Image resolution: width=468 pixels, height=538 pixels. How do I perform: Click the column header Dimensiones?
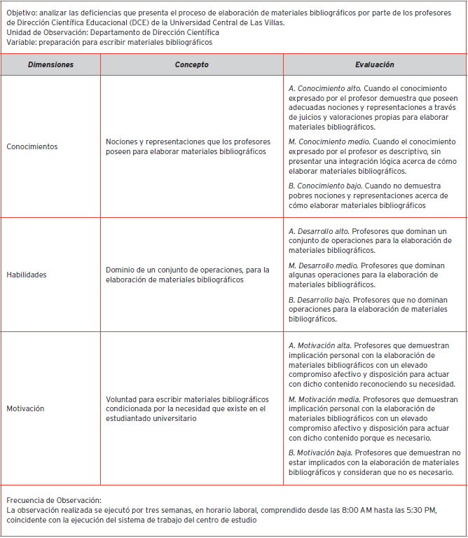click(x=50, y=64)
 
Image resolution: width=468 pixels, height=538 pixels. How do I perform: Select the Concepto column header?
click(x=191, y=64)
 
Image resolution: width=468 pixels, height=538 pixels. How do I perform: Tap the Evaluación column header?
click(x=374, y=64)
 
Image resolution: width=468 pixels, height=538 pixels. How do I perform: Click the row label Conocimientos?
click(x=32, y=147)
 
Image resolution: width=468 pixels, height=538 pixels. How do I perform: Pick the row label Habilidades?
click(x=27, y=275)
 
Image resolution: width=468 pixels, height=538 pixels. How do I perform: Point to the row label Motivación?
click(x=25, y=408)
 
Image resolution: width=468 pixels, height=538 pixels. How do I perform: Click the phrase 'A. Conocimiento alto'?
click(x=325, y=88)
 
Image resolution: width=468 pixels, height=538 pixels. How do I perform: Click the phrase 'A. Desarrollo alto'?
click(x=319, y=230)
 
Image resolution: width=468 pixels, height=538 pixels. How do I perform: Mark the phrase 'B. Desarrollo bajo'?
click(x=319, y=300)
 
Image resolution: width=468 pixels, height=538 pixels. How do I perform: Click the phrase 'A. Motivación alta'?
click(x=320, y=345)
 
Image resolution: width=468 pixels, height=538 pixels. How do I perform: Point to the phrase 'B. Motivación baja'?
click(x=320, y=453)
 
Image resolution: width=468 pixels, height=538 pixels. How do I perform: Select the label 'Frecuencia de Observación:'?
click(x=54, y=500)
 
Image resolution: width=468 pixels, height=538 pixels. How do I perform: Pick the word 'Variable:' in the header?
click(x=22, y=42)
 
